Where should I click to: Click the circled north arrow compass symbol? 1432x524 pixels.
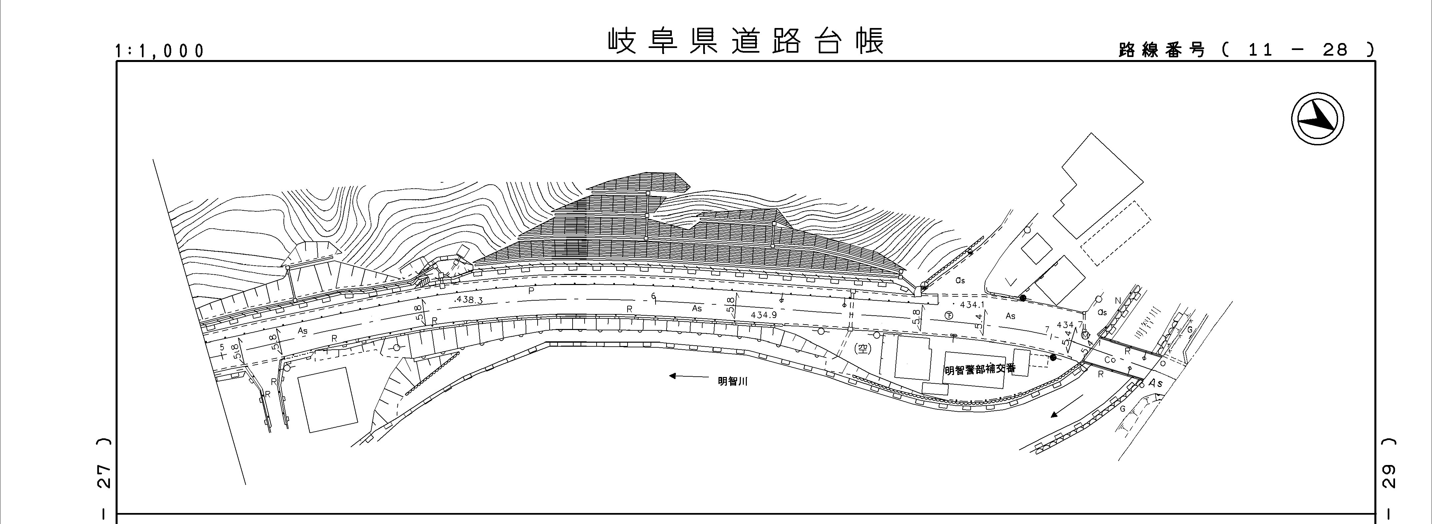tap(1317, 120)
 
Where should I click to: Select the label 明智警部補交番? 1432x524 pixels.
tap(980, 369)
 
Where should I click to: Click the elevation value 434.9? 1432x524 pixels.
tap(763, 315)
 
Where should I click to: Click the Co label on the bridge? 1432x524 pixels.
tap(1110, 360)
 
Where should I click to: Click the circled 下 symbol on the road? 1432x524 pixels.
tap(949, 315)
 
